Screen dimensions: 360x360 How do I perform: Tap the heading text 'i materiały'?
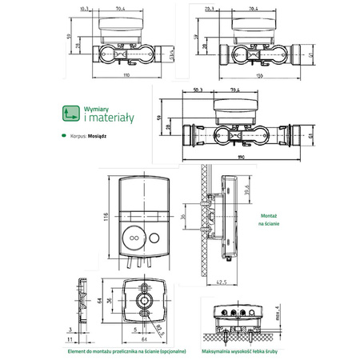pos(107,119)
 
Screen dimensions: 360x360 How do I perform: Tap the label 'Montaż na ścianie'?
pos(270,221)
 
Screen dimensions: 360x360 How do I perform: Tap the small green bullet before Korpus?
pos(64,136)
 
